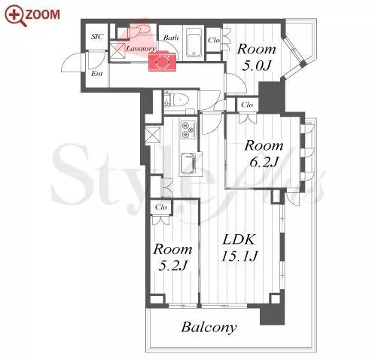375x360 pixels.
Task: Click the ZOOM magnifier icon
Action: pyautogui.click(x=16, y=16)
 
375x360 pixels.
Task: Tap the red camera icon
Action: pyautogui.click(x=162, y=61)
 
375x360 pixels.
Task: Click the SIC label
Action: pyautogui.click(x=97, y=37)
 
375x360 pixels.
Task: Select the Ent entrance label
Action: pyautogui.click(x=96, y=74)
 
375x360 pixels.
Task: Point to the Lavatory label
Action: pyautogui.click(x=141, y=48)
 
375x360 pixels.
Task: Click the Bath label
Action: pyautogui.click(x=171, y=38)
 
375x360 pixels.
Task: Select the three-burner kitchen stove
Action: pyautogui.click(x=187, y=130)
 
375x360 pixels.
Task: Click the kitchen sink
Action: pyautogui.click(x=188, y=163)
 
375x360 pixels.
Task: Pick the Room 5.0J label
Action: pyautogui.click(x=257, y=57)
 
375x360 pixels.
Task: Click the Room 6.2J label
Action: pyautogui.click(x=264, y=154)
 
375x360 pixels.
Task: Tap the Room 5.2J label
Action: pyautogui.click(x=172, y=257)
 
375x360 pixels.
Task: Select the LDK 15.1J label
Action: pyautogui.click(x=239, y=248)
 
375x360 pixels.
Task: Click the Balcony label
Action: pyautogui.click(x=209, y=328)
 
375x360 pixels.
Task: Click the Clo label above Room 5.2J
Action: pyautogui.click(x=160, y=207)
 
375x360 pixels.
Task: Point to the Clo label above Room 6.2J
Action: pyautogui.click(x=247, y=105)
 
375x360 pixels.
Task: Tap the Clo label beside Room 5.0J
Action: pyautogui.click(x=214, y=40)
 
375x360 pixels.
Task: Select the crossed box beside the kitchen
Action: pyautogui.click(x=153, y=135)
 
